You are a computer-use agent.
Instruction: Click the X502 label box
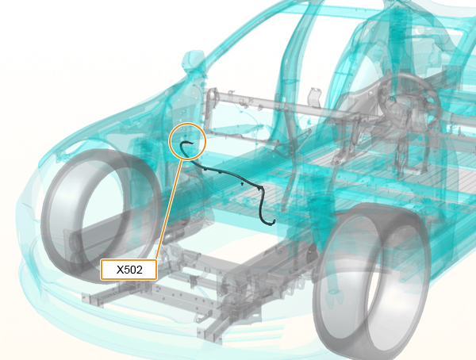click(x=129, y=270)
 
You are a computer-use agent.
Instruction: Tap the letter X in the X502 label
click(x=121, y=270)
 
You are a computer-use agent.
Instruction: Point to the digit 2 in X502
click(x=139, y=270)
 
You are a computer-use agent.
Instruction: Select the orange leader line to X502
click(x=169, y=210)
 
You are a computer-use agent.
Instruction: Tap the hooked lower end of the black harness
click(x=271, y=224)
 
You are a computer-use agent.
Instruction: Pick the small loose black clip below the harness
click(x=242, y=184)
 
